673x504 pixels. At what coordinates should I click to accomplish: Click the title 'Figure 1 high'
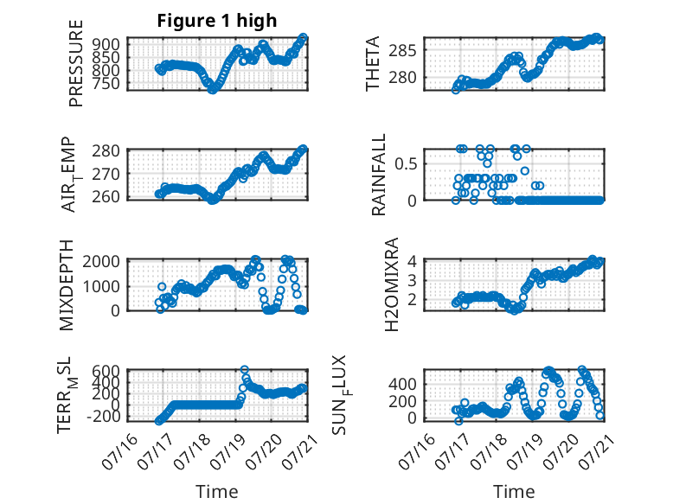(x=217, y=21)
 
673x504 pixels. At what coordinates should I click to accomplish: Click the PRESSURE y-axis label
(x=75, y=63)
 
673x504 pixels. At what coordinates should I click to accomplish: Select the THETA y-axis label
(x=373, y=63)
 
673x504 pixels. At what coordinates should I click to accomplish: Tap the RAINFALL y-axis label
(x=379, y=174)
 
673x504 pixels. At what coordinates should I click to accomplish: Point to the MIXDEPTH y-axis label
(x=67, y=285)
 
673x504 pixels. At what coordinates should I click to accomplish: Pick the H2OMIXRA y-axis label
(x=392, y=284)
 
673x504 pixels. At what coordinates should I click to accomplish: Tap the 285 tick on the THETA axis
(x=402, y=51)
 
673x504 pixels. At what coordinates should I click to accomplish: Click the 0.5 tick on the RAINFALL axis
(x=406, y=164)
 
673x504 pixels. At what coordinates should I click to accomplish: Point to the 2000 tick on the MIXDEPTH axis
(x=101, y=261)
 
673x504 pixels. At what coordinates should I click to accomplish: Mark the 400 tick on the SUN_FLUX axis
(x=402, y=384)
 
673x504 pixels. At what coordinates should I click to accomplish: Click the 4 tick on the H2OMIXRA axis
(x=412, y=261)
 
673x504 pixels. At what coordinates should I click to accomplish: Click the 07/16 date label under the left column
(x=119, y=451)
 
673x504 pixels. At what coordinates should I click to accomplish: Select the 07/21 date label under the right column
(x=597, y=451)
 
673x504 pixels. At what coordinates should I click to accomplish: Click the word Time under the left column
(x=217, y=492)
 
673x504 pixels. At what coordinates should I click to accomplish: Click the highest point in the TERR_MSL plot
(x=244, y=369)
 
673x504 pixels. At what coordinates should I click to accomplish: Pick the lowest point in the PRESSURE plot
(x=212, y=90)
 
